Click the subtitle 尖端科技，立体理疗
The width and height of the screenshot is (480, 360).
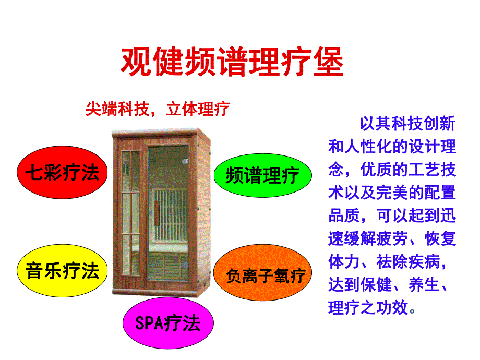point(157,109)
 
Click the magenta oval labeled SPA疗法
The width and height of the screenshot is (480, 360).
point(167,323)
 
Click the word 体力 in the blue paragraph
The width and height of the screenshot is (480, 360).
point(344,261)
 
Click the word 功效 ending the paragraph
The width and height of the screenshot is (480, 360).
point(392,307)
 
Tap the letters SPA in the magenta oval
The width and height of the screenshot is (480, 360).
point(149,323)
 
